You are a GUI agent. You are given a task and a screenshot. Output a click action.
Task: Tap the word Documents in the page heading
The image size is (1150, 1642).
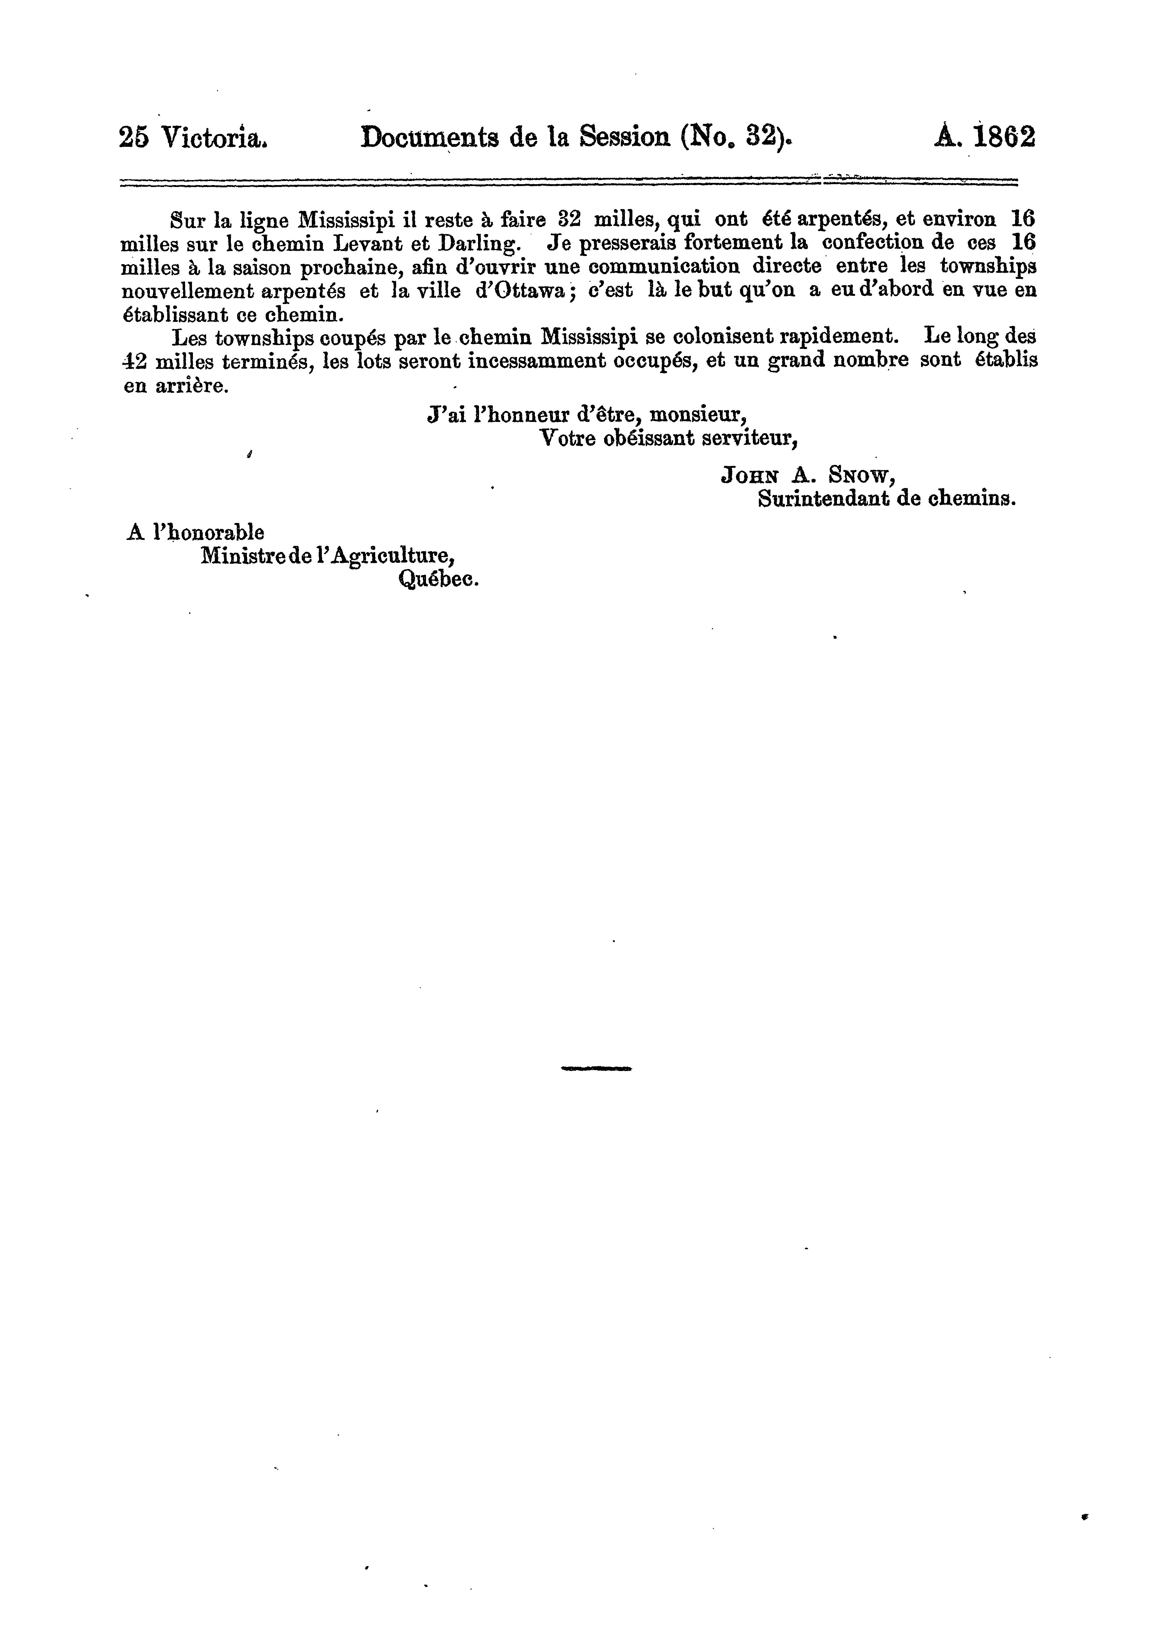pyautogui.click(x=429, y=136)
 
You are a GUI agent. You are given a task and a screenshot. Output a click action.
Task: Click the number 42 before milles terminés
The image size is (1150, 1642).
pyautogui.click(x=135, y=361)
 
